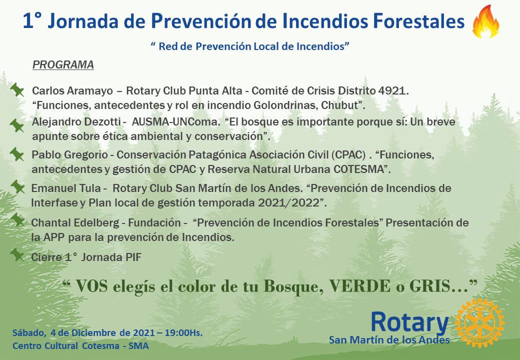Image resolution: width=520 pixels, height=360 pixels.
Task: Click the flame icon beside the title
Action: [485, 21]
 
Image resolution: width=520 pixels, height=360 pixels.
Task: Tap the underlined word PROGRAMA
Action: [63, 64]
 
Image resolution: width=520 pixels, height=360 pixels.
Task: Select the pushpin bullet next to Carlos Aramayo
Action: [17, 90]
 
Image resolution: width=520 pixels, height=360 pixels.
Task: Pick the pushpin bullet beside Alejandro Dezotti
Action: [17, 125]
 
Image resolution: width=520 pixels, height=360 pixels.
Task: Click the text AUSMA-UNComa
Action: [175, 121]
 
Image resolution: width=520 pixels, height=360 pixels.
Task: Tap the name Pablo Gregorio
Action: [69, 155]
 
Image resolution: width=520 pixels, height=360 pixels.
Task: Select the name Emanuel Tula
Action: [66, 188]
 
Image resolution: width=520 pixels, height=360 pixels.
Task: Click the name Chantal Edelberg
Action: [75, 222]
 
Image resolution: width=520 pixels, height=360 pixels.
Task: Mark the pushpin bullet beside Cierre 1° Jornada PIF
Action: [17, 255]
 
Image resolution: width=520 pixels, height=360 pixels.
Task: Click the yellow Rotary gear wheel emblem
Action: [479, 322]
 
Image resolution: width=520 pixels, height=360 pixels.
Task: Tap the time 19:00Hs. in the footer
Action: [183, 332]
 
